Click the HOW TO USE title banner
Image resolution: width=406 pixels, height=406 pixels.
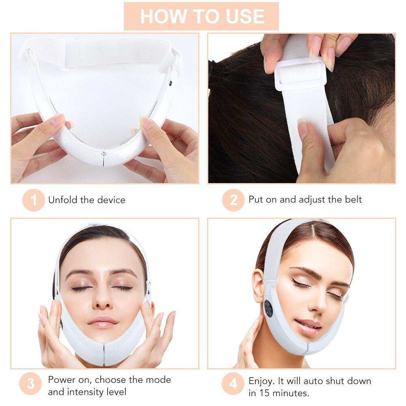(201, 16)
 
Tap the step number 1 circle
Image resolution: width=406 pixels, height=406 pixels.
(33, 200)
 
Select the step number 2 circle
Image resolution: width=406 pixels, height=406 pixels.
(233, 200)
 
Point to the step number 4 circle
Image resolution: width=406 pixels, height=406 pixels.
(233, 384)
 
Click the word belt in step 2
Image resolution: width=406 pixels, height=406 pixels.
(353, 199)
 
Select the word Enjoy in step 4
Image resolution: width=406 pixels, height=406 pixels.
(261, 381)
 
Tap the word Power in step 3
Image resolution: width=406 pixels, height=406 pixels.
(60, 380)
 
